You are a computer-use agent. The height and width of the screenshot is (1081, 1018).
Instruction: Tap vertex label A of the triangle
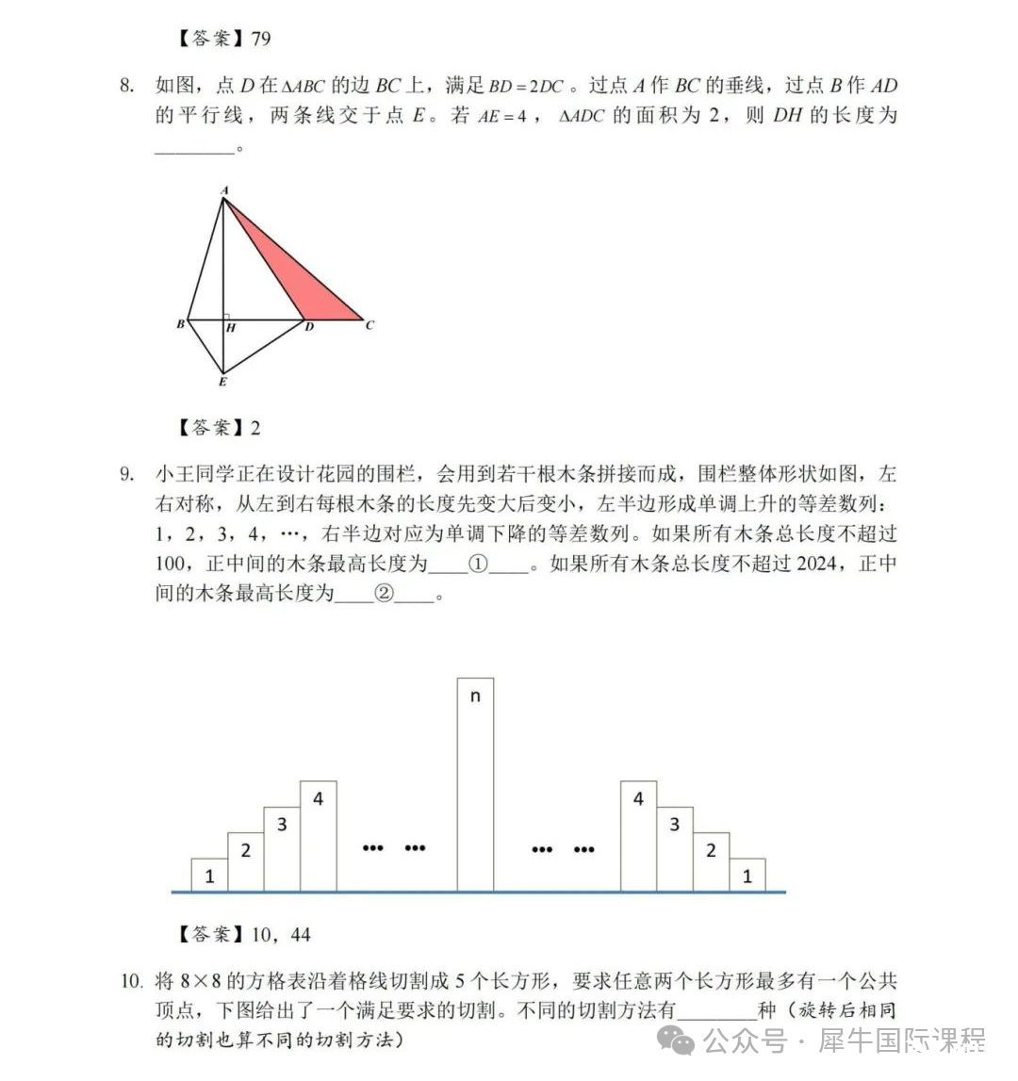click(x=224, y=190)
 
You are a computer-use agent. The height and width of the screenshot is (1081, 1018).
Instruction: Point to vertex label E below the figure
click(x=222, y=382)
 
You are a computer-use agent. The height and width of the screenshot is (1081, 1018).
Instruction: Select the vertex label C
click(x=369, y=325)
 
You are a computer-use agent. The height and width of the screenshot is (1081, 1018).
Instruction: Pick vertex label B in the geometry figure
click(x=180, y=324)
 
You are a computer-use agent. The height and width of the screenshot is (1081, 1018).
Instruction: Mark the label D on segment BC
click(x=309, y=327)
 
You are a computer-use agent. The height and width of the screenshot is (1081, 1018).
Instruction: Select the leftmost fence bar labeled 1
click(x=209, y=875)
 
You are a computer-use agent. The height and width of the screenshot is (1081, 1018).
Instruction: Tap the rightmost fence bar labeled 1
click(x=747, y=875)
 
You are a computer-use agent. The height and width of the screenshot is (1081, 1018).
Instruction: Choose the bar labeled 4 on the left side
click(x=319, y=835)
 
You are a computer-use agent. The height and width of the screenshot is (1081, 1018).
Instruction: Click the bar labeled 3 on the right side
click(x=674, y=848)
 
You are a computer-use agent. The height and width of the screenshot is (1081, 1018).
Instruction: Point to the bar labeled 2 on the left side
click(x=246, y=861)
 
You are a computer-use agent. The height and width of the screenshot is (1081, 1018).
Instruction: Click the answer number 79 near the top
click(x=261, y=38)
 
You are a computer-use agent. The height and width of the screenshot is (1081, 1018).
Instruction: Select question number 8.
click(x=127, y=86)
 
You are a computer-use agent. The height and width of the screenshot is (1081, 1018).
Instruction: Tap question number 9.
click(x=127, y=473)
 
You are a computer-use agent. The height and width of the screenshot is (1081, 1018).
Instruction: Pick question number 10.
click(x=131, y=982)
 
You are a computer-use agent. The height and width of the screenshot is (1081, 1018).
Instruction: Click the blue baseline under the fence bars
click(x=479, y=892)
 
